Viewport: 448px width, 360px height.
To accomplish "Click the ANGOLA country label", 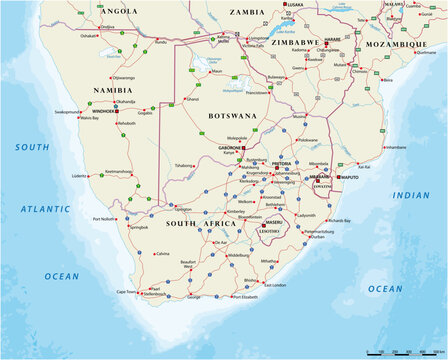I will click(x=120, y=11).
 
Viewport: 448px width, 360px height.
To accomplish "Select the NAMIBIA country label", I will click(x=113, y=90).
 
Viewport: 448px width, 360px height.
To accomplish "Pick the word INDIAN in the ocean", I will click(x=411, y=195).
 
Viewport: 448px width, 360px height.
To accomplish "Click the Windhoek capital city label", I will click(x=102, y=111).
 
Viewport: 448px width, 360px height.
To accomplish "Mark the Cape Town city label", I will click(x=126, y=292).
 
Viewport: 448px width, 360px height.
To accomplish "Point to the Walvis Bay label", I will click(x=90, y=118).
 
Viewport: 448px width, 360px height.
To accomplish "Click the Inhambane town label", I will click(x=395, y=147).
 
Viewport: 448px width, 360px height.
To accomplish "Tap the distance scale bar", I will click(x=404, y=352).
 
